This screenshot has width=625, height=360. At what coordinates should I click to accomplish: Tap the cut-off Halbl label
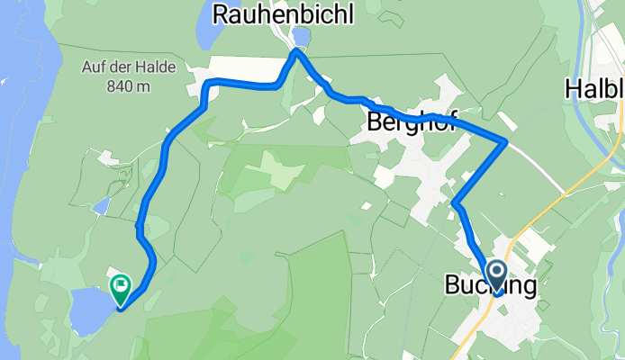tap(594, 88)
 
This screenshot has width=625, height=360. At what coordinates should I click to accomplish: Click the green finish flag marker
tap(120, 287)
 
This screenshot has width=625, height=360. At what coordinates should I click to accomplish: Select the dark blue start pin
tap(495, 274)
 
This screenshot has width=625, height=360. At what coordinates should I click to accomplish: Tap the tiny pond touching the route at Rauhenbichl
tap(301, 36)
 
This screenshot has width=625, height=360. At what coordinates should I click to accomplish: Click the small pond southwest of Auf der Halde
tap(101, 206)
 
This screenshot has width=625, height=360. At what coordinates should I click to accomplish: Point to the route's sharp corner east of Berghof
tap(506, 142)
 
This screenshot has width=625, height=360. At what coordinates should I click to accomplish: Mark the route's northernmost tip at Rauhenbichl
tap(294, 52)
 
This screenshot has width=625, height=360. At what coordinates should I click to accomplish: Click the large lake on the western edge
tap(18, 135)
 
